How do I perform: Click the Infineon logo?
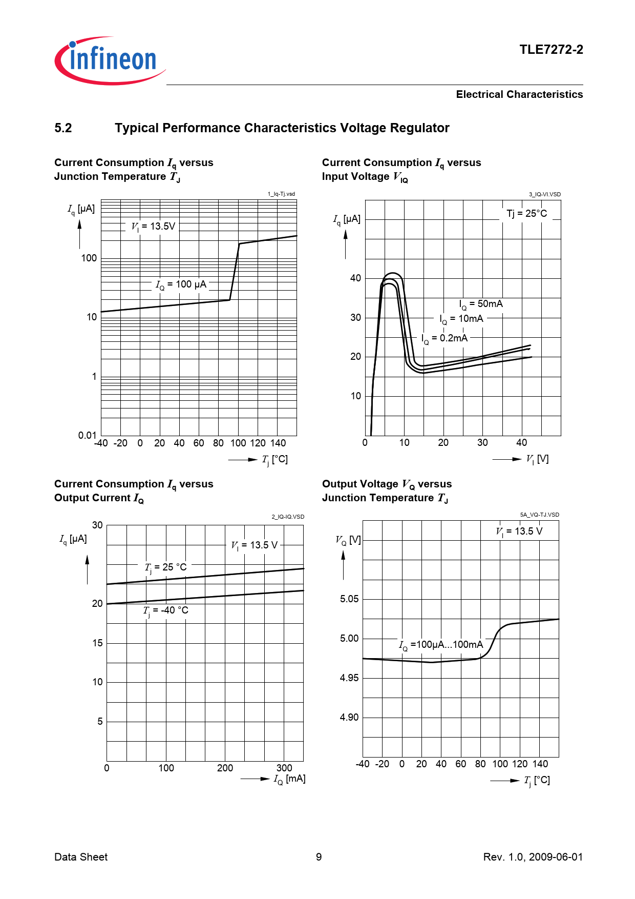(x=110, y=60)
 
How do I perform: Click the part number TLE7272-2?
(x=551, y=50)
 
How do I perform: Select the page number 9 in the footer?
(x=319, y=857)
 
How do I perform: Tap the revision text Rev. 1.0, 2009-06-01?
(x=533, y=857)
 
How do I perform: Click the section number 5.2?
(x=63, y=128)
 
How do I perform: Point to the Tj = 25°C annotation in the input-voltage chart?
(x=526, y=214)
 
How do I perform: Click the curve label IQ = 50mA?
(x=481, y=304)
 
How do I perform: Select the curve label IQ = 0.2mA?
(x=444, y=338)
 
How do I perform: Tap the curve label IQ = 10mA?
(x=461, y=319)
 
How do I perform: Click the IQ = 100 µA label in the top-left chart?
(x=181, y=284)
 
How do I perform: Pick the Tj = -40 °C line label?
(x=166, y=610)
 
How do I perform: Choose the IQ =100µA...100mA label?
(x=441, y=645)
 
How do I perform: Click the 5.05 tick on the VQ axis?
(x=349, y=599)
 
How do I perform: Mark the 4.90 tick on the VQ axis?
(x=349, y=718)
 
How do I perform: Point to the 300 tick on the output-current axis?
(x=284, y=768)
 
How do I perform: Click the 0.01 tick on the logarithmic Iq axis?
(x=87, y=435)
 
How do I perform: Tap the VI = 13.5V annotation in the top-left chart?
(x=153, y=227)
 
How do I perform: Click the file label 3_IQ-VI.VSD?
(x=544, y=194)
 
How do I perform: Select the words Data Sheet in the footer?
(x=81, y=857)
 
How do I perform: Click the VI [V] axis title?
(x=537, y=459)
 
